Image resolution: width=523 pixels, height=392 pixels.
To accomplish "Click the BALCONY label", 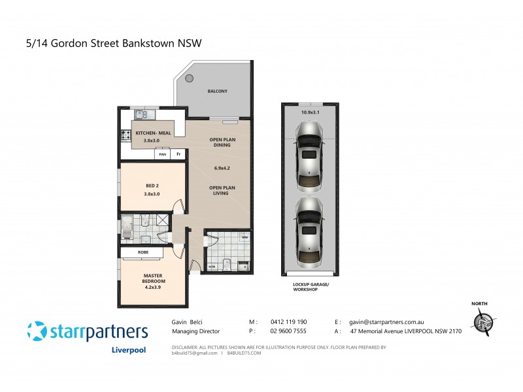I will pyautogui.click(x=217, y=91).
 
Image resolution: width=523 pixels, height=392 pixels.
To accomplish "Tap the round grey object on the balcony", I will pyautogui.click(x=189, y=78).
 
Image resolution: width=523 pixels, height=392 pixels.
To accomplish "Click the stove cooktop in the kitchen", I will pyautogui.click(x=126, y=137).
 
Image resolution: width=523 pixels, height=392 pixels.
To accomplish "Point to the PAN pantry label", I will pyautogui.click(x=162, y=154).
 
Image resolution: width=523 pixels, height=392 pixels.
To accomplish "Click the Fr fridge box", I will pyautogui.click(x=178, y=154).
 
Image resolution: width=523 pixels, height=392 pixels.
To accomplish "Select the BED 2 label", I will pyautogui.click(x=152, y=186).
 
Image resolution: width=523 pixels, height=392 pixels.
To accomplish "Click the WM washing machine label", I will pyautogui.click(x=244, y=237).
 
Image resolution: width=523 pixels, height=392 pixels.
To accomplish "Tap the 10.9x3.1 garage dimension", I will pyautogui.click(x=311, y=112).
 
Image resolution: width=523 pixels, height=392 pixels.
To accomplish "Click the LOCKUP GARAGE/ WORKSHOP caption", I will pyautogui.click(x=310, y=286).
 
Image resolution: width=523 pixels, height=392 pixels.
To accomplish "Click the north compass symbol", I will pyautogui.click(x=483, y=321).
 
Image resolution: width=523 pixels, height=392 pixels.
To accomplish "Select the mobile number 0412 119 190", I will pyautogui.click(x=288, y=322).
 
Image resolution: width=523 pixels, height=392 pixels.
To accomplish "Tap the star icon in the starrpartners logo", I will pyautogui.click(x=37, y=331).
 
